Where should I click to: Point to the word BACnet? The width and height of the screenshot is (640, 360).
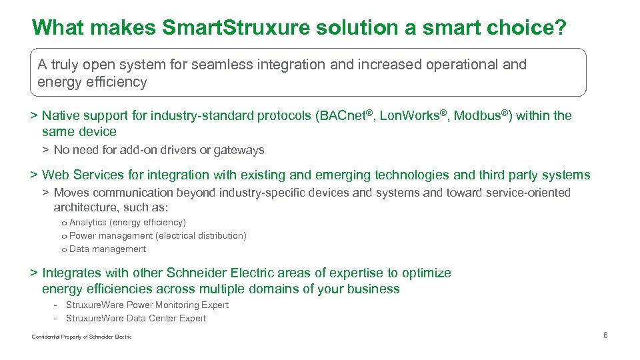pyautogui.click(x=341, y=115)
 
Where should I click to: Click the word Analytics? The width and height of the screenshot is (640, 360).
pyautogui.click(x=88, y=222)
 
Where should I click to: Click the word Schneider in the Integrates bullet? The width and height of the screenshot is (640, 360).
pyautogui.click(x=196, y=273)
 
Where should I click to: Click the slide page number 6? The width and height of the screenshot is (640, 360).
pyautogui.click(x=605, y=335)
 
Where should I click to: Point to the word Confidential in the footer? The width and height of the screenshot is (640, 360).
pyautogui.click(x=45, y=337)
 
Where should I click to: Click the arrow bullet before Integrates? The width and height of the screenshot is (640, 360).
pyautogui.click(x=33, y=273)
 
